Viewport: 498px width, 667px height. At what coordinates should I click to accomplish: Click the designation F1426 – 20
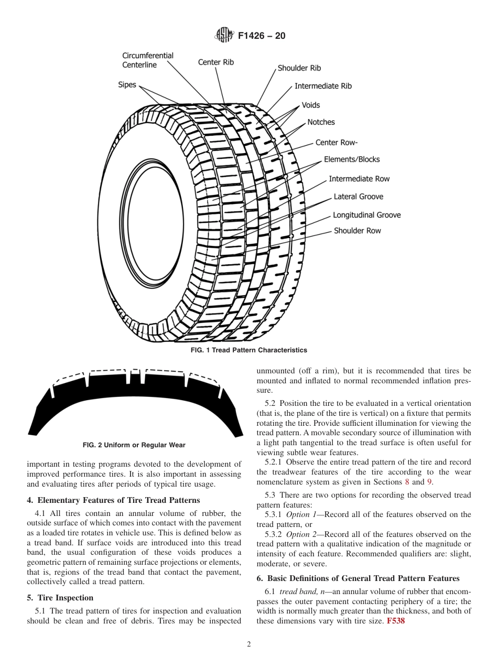[262, 36]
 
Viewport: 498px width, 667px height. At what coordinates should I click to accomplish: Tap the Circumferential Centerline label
[147, 60]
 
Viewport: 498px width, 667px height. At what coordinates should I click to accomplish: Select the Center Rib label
[215, 62]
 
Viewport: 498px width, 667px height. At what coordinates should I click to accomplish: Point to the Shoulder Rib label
[299, 68]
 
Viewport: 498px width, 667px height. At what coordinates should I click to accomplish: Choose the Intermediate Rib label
[323, 86]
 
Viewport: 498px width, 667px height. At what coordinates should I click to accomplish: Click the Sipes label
[126, 85]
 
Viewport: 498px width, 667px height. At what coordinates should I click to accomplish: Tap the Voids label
[310, 105]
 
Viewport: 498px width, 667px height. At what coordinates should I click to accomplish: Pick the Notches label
[321, 122]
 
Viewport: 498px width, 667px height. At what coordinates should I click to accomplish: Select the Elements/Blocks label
[351, 159]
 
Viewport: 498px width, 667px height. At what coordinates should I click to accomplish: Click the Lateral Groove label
[358, 197]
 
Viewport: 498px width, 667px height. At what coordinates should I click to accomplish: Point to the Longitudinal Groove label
[366, 215]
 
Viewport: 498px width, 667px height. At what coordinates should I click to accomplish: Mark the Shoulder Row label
[357, 231]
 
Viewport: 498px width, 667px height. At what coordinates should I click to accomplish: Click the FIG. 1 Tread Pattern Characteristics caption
[248, 350]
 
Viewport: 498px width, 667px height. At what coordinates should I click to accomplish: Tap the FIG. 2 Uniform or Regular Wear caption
[134, 445]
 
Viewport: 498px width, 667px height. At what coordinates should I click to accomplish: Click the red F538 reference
[396, 621]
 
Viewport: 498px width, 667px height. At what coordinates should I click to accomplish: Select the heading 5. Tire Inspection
[60, 598]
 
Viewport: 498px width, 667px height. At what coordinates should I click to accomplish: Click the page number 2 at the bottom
[248, 644]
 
